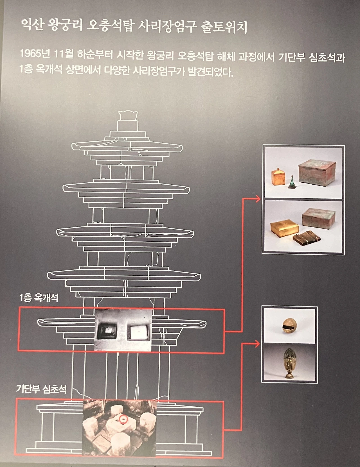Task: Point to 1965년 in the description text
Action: pyautogui.click(x=35, y=54)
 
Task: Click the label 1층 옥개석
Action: pyautogui.click(x=39, y=298)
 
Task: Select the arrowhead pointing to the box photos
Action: pyautogui.click(x=257, y=199)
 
